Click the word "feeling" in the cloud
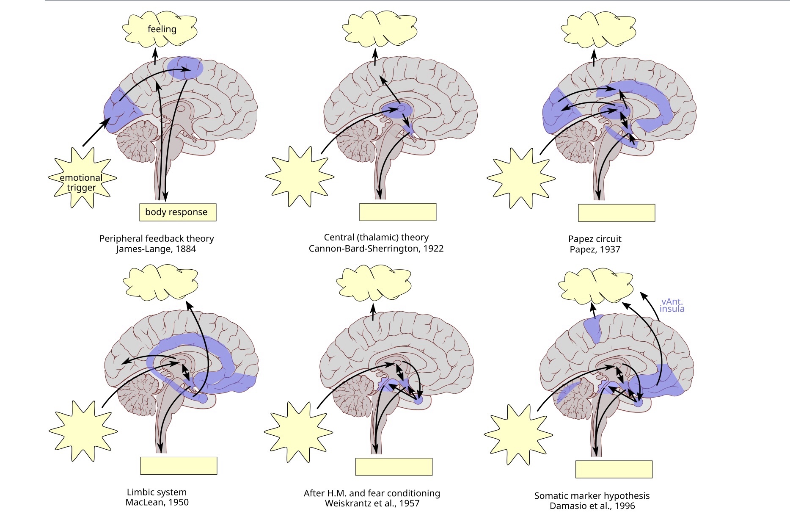tap(162, 29)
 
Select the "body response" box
tap(177, 212)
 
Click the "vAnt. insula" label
tap(672, 305)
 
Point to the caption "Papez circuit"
tap(595, 239)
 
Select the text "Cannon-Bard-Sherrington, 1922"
tap(376, 249)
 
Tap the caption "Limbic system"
tap(157, 492)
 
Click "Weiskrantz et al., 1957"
tap(372, 503)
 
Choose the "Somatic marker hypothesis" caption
tap(592, 495)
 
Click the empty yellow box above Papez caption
tap(617, 213)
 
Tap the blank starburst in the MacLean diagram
tap(83, 431)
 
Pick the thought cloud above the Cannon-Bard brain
tap(379, 29)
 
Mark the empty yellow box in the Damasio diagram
tap(614, 469)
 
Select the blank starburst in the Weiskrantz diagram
tap(298, 432)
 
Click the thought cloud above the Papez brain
tap(600, 30)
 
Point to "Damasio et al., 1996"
tap(592, 506)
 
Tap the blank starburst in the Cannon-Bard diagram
tap(300, 176)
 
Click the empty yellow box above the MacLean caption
tap(179, 465)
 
